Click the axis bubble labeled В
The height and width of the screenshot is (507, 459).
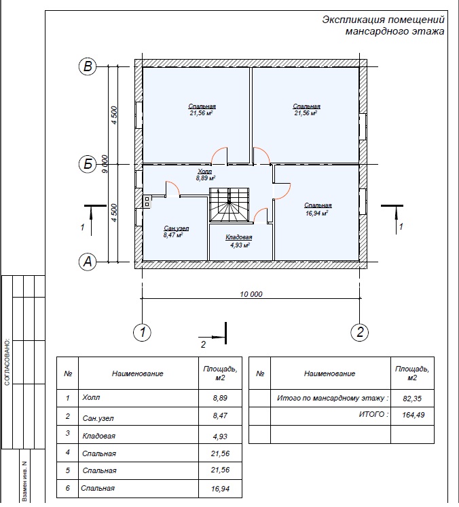pyautogui.click(x=88, y=66)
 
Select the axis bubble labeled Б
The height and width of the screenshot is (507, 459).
pyautogui.click(x=88, y=164)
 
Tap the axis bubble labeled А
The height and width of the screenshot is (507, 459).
pyautogui.click(x=88, y=262)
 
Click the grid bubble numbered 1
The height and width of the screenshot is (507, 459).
pyautogui.click(x=142, y=332)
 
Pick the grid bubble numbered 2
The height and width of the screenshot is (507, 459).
pyautogui.click(x=360, y=332)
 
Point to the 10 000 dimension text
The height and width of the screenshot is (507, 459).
pyautogui.click(x=251, y=294)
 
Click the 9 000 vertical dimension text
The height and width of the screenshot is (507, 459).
pyautogui.click(x=105, y=164)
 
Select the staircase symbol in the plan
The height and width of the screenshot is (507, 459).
pyautogui.click(x=229, y=205)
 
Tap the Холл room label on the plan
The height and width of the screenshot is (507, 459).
pyautogui.click(x=205, y=171)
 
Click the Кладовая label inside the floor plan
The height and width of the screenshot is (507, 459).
pyautogui.click(x=239, y=237)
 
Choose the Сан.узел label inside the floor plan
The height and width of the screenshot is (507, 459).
pyautogui.click(x=177, y=228)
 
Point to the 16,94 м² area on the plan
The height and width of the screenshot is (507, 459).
pyautogui.click(x=317, y=213)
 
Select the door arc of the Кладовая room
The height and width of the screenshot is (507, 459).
pyautogui.click(x=260, y=216)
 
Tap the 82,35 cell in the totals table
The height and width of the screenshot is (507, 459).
pyautogui.click(x=412, y=399)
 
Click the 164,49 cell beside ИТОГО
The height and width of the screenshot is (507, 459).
pyautogui.click(x=413, y=415)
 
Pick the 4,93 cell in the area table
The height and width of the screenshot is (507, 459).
pyautogui.click(x=220, y=437)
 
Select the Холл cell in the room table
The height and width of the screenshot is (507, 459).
pyautogui.click(x=91, y=397)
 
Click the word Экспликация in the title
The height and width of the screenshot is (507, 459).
pyautogui.click(x=353, y=20)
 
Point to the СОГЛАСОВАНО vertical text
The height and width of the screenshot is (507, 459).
pyautogui.click(x=7, y=362)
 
